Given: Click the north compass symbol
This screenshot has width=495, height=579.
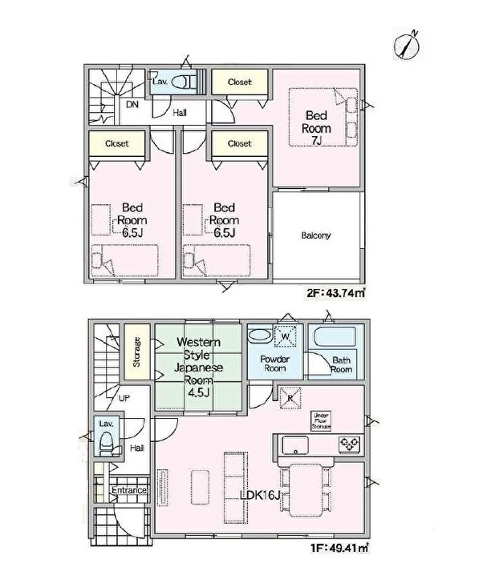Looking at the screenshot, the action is (407, 46).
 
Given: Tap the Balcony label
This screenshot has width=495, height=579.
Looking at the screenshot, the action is (315, 235).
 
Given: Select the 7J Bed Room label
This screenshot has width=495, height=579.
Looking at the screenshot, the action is (316, 128).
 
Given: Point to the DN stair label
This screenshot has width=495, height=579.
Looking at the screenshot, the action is (132, 104).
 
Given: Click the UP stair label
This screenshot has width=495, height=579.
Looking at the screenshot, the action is (124, 398).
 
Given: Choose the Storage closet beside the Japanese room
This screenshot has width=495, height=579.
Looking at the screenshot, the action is (137, 352).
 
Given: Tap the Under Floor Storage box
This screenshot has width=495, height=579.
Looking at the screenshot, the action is (321, 420).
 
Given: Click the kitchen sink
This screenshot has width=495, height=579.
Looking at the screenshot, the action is (295, 445).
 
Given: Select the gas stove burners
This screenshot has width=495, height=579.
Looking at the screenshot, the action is (349, 442).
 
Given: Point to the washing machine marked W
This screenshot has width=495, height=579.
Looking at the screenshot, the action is (286, 336).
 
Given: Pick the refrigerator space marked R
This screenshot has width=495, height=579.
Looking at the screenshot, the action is (290, 398).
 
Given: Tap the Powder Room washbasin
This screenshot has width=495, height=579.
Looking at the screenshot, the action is (260, 336).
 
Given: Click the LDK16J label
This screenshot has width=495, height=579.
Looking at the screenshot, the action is (260, 495).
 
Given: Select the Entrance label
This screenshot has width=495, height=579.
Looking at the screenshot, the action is (129, 490).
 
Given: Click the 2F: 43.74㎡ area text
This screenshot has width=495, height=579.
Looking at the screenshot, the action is (336, 293).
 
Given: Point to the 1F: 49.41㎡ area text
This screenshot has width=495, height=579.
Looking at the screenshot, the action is (339, 548).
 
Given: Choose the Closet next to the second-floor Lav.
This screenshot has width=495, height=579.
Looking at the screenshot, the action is (240, 82).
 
